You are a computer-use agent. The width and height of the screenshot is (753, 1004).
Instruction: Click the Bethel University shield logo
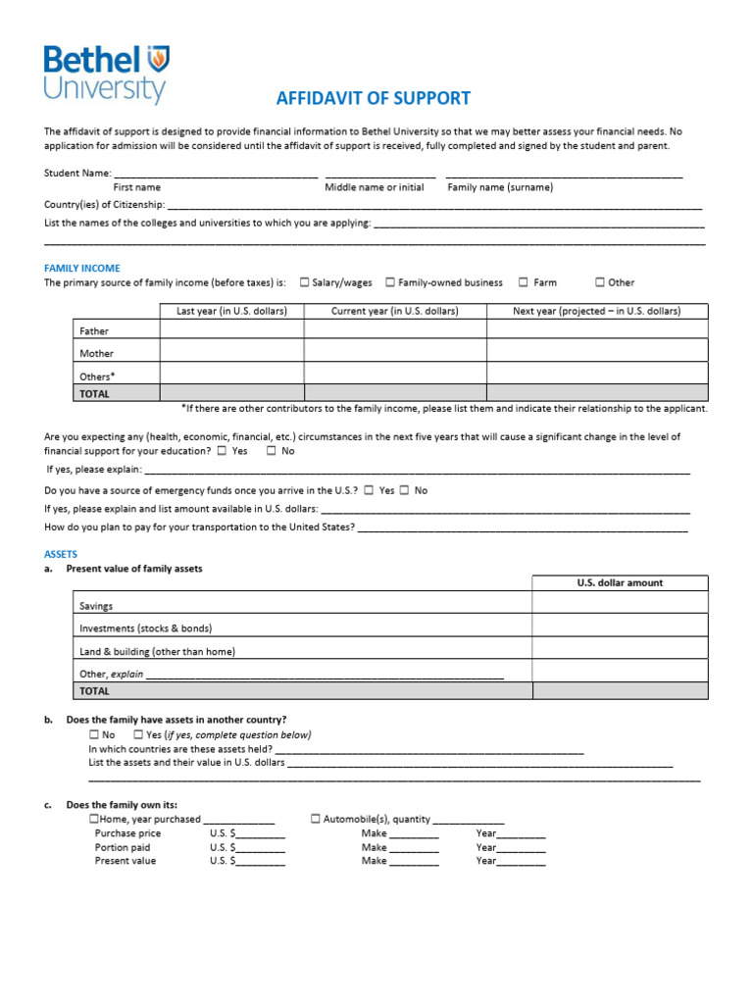[157, 59]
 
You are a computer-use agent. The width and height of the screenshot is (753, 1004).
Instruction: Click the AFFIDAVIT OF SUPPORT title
[374, 98]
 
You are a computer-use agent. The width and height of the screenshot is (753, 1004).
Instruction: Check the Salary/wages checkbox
[304, 282]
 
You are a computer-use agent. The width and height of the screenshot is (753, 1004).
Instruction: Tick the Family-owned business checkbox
[390, 282]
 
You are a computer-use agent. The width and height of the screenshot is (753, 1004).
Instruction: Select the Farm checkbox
[524, 282]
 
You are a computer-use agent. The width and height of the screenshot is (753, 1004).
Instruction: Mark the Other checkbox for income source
[600, 282]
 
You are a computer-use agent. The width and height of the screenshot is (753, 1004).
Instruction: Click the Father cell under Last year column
[231, 331]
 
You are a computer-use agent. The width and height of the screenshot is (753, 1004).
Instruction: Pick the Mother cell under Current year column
[394, 352]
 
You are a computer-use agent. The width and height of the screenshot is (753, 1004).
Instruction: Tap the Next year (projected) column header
[596, 311]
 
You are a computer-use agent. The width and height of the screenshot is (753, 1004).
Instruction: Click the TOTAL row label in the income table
[95, 394]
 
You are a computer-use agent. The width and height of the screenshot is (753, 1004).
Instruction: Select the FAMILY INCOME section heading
[82, 268]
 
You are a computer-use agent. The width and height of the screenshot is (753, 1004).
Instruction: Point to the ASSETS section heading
[61, 554]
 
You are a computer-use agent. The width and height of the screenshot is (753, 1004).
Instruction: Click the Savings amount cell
[619, 605]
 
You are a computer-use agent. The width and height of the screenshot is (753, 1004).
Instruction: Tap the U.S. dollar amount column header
[619, 582]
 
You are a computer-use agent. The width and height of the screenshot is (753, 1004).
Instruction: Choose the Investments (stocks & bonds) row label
[146, 628]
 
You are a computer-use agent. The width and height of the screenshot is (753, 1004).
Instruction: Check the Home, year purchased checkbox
[94, 819]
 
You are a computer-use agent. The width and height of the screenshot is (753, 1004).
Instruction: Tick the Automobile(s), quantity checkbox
[316, 819]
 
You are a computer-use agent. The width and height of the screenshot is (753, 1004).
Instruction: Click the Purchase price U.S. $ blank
[260, 834]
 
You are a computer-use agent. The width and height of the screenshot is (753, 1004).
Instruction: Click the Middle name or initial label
[375, 187]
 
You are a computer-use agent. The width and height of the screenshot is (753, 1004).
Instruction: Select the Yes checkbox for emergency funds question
[369, 490]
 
